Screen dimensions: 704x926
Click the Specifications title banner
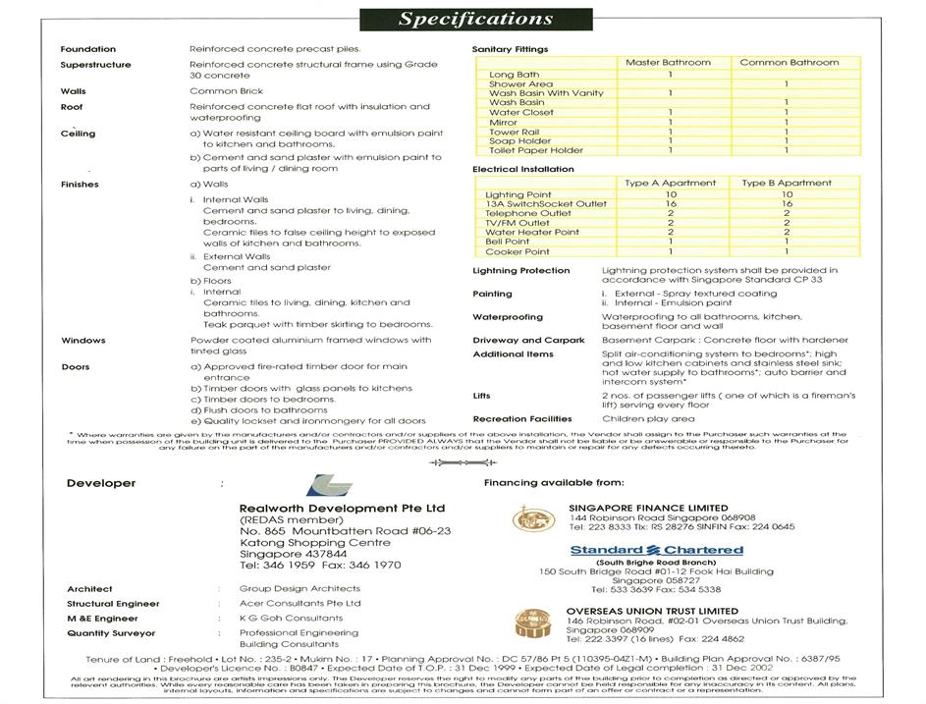[463, 19]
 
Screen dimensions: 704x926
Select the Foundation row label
[88, 49]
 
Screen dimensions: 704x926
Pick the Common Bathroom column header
[789, 63]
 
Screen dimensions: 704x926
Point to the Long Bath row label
[515, 75]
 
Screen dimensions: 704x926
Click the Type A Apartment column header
[670, 184]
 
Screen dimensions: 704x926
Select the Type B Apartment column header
[787, 184]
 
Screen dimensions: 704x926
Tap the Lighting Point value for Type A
[670, 194]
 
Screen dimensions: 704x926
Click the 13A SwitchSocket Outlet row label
[538, 204]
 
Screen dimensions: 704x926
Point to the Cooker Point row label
[517, 251]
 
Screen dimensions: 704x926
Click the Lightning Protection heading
[520, 271]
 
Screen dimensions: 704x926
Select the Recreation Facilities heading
[521, 419]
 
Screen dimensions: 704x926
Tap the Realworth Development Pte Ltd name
[342, 508]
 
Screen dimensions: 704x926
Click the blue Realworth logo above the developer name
[325, 486]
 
